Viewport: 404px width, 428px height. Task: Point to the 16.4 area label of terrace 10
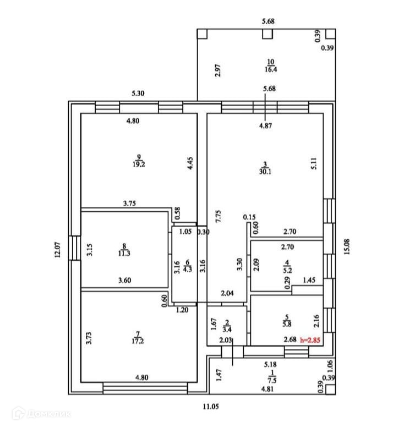click(270, 69)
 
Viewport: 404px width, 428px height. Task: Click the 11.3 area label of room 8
click(125, 254)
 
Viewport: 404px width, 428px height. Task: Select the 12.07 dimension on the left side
click(57, 250)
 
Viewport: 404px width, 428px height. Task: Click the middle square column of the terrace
click(267, 34)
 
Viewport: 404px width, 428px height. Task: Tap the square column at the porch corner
click(329, 389)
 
